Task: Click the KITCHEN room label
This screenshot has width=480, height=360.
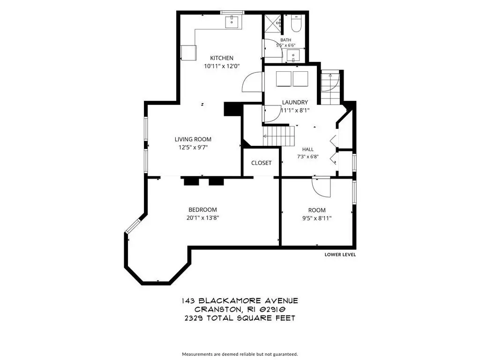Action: pyautogui.click(x=222, y=58)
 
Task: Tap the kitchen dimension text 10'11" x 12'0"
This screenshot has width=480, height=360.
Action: pyautogui.click(x=222, y=66)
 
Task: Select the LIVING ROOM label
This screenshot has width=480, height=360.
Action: pyautogui.click(x=193, y=139)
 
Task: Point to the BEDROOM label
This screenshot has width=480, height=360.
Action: pyautogui.click(x=202, y=210)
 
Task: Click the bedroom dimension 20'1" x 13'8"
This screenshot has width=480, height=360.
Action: pyautogui.click(x=202, y=218)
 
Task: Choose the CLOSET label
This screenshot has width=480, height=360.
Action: pyautogui.click(x=262, y=163)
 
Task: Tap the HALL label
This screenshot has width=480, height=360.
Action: pyautogui.click(x=307, y=150)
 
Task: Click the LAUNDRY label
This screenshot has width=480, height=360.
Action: pyautogui.click(x=295, y=102)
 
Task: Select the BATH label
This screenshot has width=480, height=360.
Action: pyautogui.click(x=285, y=40)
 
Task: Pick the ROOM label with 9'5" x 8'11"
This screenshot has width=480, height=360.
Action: pyautogui.click(x=317, y=210)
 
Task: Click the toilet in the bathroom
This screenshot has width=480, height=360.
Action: pyautogui.click(x=296, y=23)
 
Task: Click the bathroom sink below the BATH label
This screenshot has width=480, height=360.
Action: pyautogui.click(x=293, y=56)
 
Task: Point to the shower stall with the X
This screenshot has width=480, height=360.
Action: pyautogui.click(x=272, y=23)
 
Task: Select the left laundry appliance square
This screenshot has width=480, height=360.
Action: pyautogui.click(x=284, y=79)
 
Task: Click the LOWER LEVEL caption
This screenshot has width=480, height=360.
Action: pyautogui.click(x=340, y=255)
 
